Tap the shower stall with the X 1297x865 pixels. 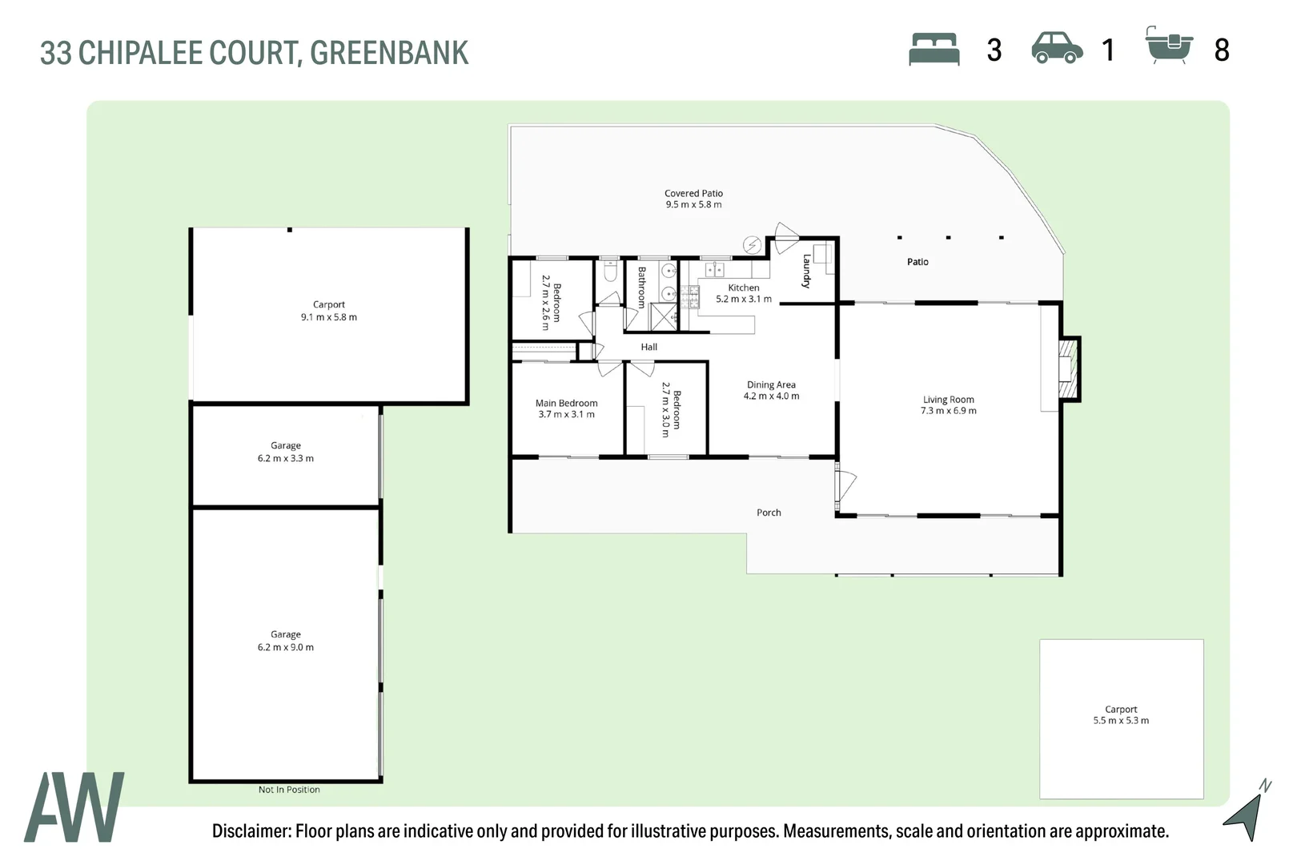664,316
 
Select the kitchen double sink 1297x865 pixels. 715,270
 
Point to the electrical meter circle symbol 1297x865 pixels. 753,245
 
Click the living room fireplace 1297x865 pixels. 1068,369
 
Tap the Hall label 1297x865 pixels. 649,347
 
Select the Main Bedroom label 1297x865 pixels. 566,403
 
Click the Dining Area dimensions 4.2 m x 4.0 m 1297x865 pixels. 771,396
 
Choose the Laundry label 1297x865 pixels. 806,271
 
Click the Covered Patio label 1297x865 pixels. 693,193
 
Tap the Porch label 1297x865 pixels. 769,513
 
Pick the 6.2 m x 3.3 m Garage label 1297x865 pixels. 286,452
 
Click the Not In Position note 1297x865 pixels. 289,790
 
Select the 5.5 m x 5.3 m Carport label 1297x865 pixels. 1121,714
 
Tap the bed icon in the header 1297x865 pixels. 934,50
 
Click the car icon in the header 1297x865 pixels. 1057,48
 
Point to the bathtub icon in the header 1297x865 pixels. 1169,46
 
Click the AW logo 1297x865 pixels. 74,807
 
